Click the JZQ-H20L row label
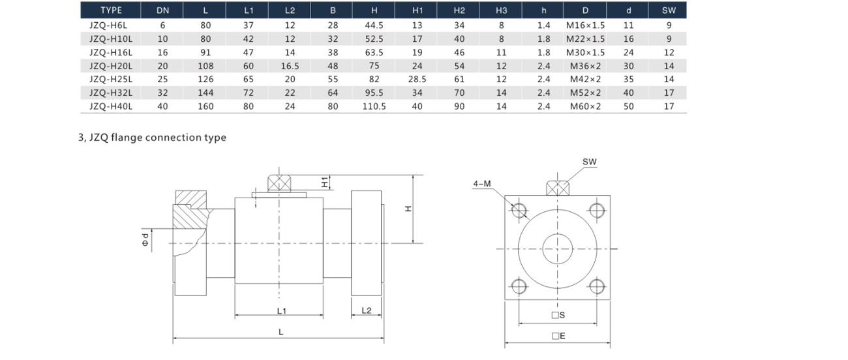(111, 67)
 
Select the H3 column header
(501, 10)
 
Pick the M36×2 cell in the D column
(585, 67)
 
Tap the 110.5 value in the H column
(374, 106)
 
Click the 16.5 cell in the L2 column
(290, 67)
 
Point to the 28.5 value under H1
(417, 79)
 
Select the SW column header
(669, 10)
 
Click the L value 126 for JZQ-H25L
(205, 79)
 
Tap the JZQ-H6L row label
(108, 25)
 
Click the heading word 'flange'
(127, 137)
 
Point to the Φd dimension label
(145, 239)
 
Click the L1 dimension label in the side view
(282, 311)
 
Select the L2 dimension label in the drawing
(367, 310)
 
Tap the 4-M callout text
(481, 184)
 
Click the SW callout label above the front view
(590, 162)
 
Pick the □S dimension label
(558, 315)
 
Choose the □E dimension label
(558, 336)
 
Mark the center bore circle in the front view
(558, 234)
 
